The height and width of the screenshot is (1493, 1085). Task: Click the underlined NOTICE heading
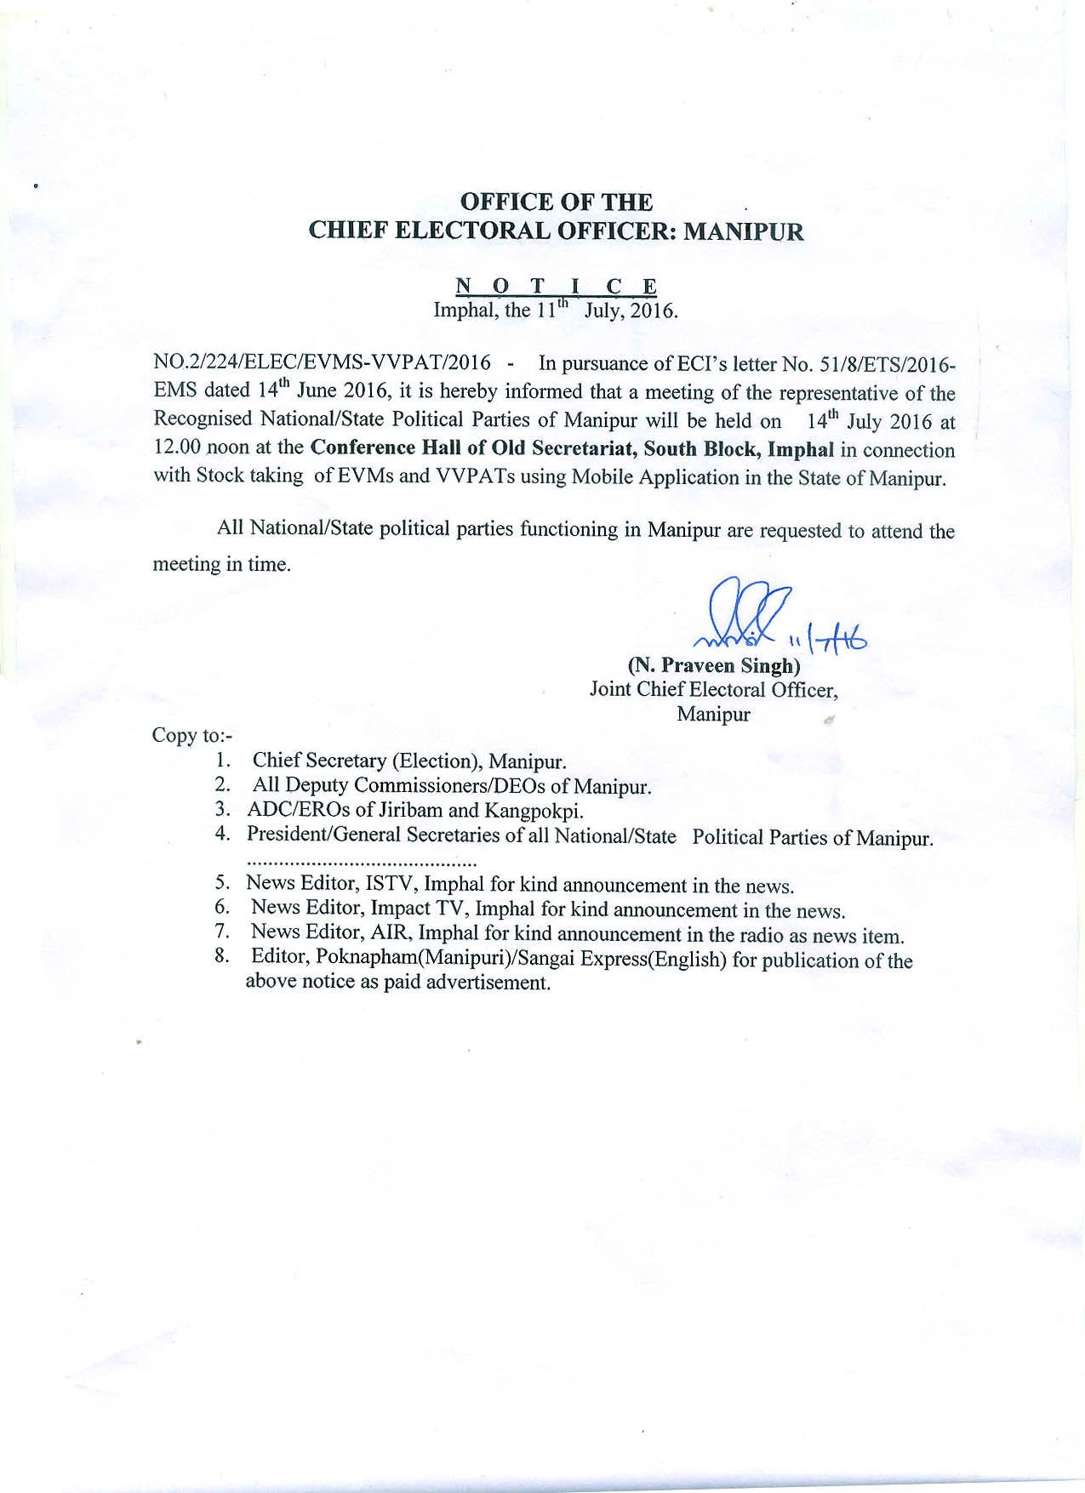pyautogui.click(x=556, y=286)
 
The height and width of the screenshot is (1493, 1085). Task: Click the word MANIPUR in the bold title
pyautogui.click(x=744, y=231)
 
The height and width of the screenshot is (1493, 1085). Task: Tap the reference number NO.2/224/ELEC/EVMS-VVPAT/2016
pyautogui.click(x=322, y=362)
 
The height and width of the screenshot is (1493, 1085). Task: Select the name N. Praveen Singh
pyautogui.click(x=713, y=665)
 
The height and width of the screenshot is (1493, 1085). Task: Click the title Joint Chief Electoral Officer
pyautogui.click(x=713, y=689)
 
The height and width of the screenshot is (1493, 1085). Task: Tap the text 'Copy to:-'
pyautogui.click(x=191, y=735)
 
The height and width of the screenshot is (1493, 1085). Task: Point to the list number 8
pyautogui.click(x=222, y=956)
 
